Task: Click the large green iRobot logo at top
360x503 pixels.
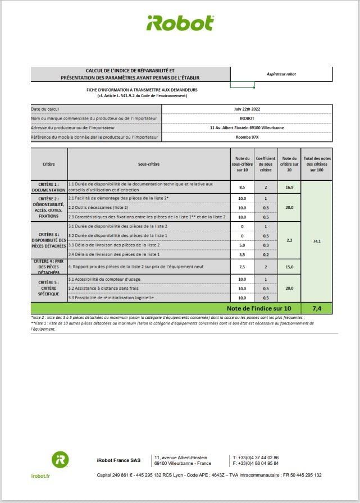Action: pyautogui.click(x=180, y=23)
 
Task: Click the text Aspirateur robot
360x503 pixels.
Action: pyautogui.click(x=281, y=74)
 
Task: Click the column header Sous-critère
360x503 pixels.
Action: pyautogui.click(x=148, y=164)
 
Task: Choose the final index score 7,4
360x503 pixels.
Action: pyautogui.click(x=317, y=308)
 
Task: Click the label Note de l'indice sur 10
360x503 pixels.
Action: pyautogui.click(x=259, y=308)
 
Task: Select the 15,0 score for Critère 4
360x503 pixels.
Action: pyautogui.click(x=289, y=267)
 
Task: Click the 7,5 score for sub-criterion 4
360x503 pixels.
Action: pyautogui.click(x=241, y=267)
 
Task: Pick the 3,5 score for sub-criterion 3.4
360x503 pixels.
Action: pyautogui.click(x=241, y=254)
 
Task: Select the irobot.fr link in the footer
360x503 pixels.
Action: pyautogui.click(x=40, y=475)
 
